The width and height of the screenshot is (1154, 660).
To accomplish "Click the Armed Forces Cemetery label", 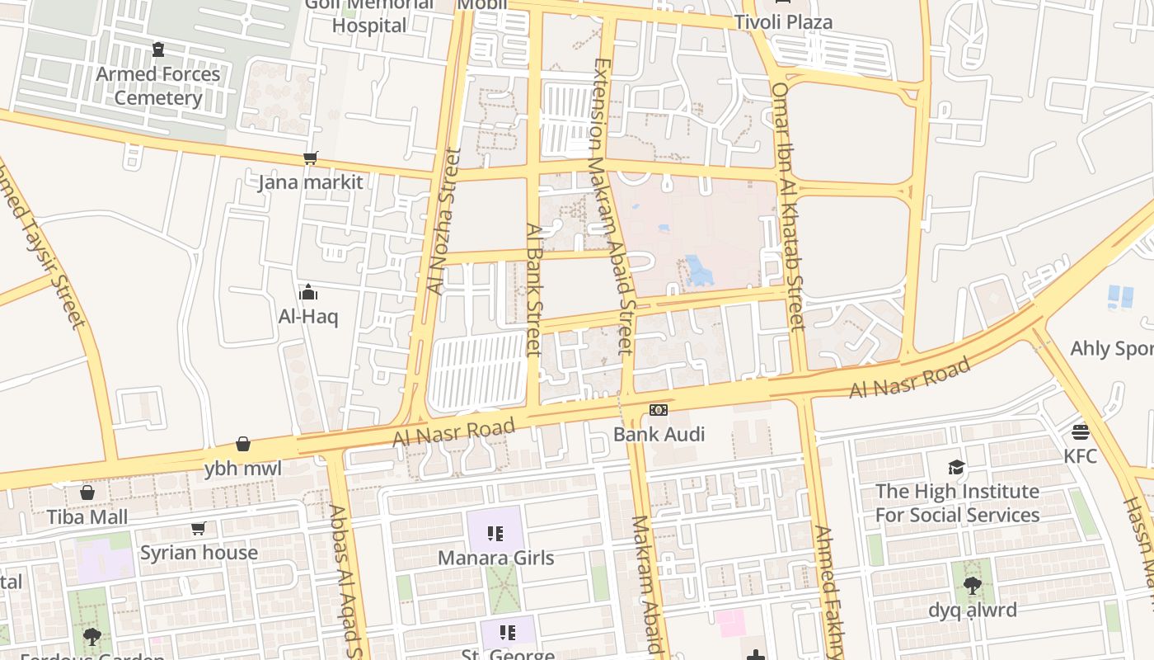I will (x=158, y=86).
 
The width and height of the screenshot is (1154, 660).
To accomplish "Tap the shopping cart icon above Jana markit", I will (x=311, y=158).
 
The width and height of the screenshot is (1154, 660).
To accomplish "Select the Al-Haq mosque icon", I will (x=308, y=292).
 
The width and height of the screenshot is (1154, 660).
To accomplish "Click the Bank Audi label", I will (x=659, y=434).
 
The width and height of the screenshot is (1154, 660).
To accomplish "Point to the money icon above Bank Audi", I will (x=659, y=410).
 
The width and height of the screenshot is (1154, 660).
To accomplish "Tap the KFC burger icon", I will (x=1081, y=431).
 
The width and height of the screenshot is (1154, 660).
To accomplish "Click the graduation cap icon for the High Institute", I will (x=956, y=468).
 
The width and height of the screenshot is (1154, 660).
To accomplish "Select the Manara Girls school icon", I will (x=495, y=534).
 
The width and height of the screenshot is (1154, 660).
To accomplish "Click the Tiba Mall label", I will (x=87, y=517).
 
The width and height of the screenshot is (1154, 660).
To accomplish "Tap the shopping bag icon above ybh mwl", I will (x=243, y=445).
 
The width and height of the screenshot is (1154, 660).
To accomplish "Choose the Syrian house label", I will (x=199, y=553).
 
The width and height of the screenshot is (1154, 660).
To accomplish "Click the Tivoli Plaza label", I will (x=783, y=22).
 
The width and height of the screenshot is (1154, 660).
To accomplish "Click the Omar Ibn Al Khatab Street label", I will (x=789, y=206).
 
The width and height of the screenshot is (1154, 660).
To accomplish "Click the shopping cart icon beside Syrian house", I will (x=198, y=529).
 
